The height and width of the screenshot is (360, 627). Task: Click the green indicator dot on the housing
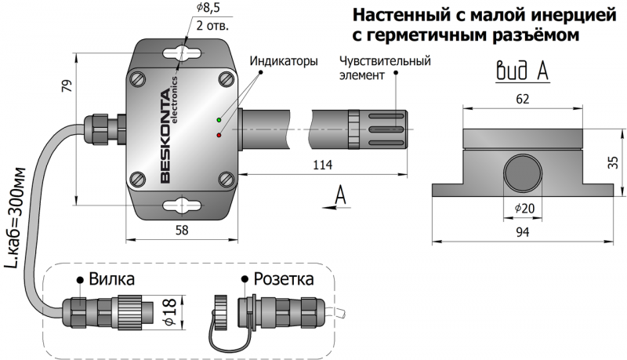point(219,120)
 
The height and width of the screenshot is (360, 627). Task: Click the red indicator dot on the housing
point(219,135)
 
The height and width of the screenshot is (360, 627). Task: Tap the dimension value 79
point(66,87)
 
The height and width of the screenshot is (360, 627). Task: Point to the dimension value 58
point(181,230)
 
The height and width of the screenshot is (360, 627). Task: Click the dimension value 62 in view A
point(524,99)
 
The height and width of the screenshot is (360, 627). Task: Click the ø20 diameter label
point(524,208)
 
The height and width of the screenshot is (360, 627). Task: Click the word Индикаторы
point(283,60)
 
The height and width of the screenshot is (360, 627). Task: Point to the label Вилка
point(111,279)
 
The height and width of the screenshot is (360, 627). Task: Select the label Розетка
point(283,279)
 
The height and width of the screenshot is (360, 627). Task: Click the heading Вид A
point(522,71)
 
